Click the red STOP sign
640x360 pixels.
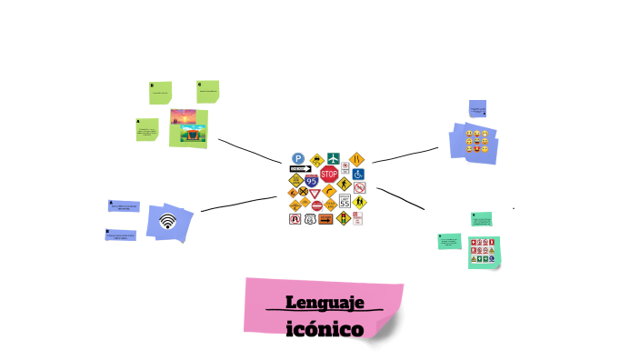(x=329, y=174)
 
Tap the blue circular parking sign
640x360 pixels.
(x=297, y=158)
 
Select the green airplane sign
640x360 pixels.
(x=335, y=159)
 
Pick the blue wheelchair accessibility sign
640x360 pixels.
(x=358, y=174)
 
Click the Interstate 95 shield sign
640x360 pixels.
(x=312, y=181)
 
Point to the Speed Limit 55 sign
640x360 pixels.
(x=345, y=203)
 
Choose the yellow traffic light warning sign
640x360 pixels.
(x=344, y=218)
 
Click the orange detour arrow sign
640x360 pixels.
(x=325, y=218)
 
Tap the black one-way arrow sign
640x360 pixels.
(x=299, y=169)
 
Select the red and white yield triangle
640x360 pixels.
(x=315, y=193)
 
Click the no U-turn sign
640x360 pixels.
(x=295, y=219)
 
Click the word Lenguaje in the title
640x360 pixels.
(x=324, y=303)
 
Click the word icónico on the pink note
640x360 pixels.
(x=324, y=327)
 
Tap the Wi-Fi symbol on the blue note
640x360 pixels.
(x=167, y=221)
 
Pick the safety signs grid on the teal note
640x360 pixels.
(x=483, y=249)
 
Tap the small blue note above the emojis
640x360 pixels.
(x=477, y=109)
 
